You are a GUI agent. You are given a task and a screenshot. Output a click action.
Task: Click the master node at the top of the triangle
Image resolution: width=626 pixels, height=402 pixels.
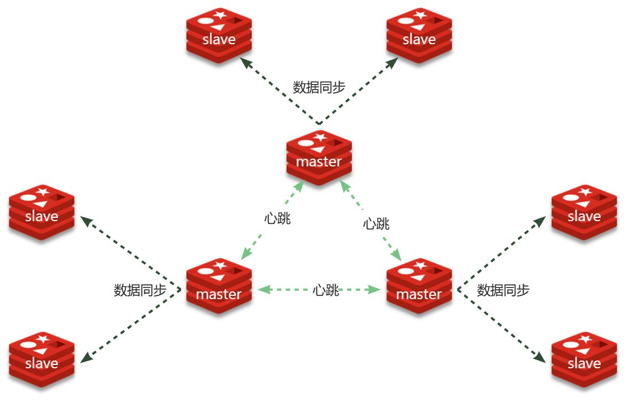[319, 158]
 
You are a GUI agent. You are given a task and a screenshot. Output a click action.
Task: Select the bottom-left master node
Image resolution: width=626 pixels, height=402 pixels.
[219, 286]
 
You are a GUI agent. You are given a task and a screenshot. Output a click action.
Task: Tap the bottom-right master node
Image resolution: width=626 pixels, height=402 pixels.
[419, 286]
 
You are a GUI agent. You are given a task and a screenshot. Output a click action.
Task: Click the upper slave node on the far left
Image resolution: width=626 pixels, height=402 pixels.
[41, 213]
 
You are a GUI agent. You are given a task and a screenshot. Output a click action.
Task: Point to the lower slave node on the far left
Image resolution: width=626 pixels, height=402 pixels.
[41, 360]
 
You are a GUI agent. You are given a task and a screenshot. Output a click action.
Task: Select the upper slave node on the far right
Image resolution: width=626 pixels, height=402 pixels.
[584, 213]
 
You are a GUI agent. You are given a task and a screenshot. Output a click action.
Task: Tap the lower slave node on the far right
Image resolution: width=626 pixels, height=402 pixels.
[584, 360]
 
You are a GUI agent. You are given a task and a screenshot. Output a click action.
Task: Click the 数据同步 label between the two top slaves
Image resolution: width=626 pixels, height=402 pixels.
[319, 87]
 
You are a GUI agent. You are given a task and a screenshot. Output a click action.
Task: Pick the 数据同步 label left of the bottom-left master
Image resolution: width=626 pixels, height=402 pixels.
[140, 290]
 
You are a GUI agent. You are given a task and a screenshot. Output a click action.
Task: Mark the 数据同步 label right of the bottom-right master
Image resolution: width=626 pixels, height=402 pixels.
[503, 290]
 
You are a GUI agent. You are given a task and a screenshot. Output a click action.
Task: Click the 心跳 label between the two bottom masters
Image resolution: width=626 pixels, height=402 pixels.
[326, 290]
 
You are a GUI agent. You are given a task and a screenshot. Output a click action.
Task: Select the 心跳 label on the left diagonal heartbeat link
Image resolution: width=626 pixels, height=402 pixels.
[278, 218]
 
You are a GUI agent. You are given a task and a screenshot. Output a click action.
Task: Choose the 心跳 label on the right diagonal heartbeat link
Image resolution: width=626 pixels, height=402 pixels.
[376, 224]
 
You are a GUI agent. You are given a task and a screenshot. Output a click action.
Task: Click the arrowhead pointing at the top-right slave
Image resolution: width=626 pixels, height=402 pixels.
[392, 61]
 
